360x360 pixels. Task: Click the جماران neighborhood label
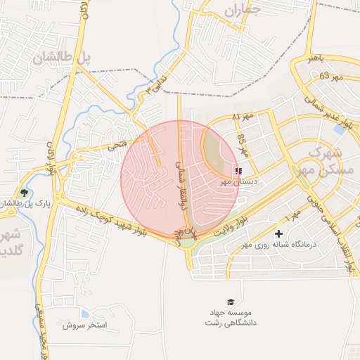point(243,11)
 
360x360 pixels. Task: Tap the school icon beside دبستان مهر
point(238,171)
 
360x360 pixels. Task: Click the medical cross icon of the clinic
point(279,233)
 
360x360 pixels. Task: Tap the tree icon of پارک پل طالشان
point(25,193)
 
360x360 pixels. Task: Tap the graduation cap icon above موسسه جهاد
point(229,301)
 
